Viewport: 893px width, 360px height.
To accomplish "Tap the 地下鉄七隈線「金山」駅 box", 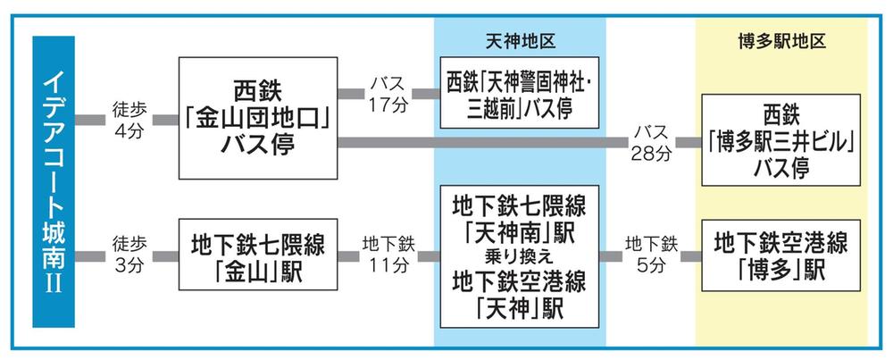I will [259, 256].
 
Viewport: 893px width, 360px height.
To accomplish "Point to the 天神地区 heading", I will [521, 41].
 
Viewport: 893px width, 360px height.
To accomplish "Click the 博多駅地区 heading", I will [781, 41].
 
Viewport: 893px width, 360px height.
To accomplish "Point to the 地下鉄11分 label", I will [388, 256].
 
